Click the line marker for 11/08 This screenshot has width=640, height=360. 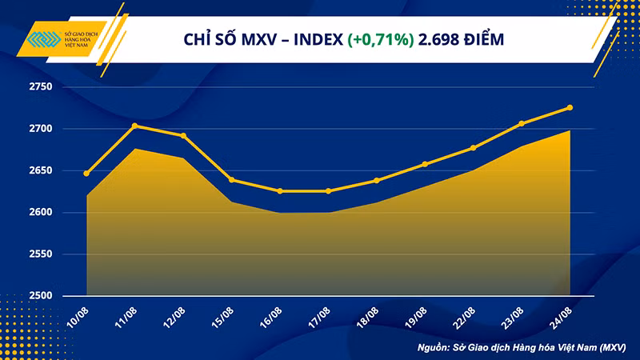134,126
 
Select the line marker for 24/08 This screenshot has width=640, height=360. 570,107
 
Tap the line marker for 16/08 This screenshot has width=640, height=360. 279,191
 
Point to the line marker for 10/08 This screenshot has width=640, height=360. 86,174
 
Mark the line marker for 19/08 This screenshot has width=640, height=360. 425,164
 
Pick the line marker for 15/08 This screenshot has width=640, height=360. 231,180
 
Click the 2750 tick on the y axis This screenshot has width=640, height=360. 62,86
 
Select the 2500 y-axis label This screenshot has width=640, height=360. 62,296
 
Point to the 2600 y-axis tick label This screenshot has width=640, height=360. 62,213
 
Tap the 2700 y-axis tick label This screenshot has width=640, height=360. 62,129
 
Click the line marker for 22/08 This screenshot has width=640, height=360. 473,148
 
